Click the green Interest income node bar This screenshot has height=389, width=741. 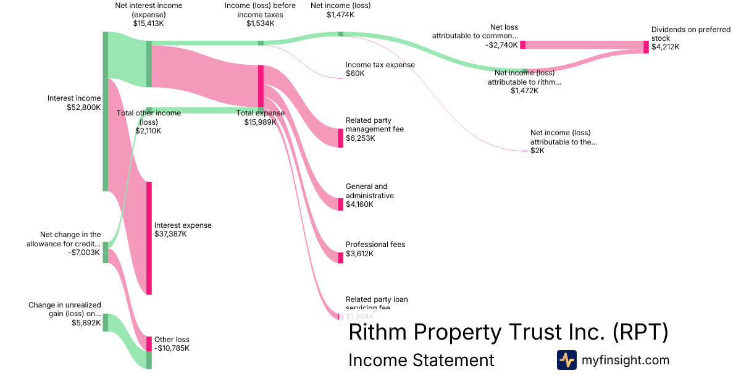(106, 111)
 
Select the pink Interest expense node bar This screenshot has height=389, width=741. (149, 238)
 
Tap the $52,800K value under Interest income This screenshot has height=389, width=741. (83, 107)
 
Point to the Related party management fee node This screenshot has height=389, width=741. (340, 138)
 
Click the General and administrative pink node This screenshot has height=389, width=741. (340, 204)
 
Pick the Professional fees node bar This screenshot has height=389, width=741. (340, 257)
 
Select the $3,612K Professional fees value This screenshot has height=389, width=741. (361, 254)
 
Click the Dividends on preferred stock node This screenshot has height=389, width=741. (646, 47)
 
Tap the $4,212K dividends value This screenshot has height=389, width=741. (665, 48)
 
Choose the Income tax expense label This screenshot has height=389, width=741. (380, 65)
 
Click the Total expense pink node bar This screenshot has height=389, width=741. (261, 86)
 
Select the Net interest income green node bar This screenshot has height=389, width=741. (149, 64)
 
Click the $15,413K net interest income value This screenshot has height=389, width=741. (148, 23)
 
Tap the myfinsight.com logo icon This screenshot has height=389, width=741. (566, 360)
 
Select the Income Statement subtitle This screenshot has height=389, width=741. (421, 360)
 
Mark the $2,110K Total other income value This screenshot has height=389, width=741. (148, 131)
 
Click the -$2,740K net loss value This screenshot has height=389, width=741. (501, 45)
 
